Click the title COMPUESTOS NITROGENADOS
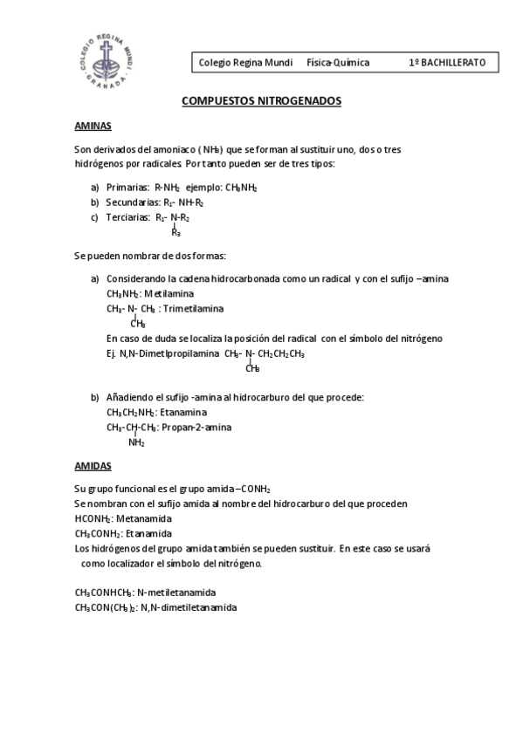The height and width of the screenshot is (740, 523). pos(261,101)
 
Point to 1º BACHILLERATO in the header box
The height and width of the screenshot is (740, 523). pos(453,63)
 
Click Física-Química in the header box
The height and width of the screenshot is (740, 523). pos(338,63)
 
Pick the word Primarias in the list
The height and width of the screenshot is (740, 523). pos(127,188)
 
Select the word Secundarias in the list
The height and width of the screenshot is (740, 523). pos(133,202)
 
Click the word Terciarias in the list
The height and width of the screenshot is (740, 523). pos(128,217)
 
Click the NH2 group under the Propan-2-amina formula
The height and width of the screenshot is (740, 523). pos(136,442)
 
